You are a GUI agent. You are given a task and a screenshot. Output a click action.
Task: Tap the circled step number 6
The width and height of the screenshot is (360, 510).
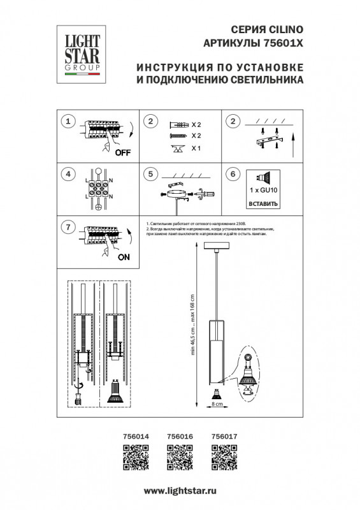click(x=233, y=173)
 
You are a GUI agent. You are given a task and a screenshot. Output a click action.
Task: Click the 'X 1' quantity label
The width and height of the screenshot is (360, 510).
click(x=196, y=149)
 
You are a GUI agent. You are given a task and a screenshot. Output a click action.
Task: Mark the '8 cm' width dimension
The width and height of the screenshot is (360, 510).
click(x=217, y=404)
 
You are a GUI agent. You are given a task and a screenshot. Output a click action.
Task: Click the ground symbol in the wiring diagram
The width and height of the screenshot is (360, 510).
click(x=98, y=207)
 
